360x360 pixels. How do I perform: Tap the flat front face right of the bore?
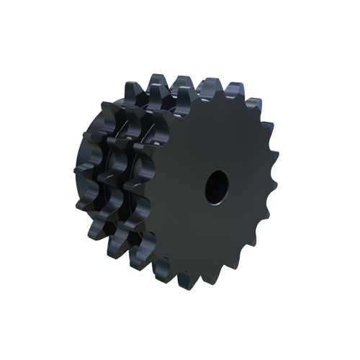[248, 186]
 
